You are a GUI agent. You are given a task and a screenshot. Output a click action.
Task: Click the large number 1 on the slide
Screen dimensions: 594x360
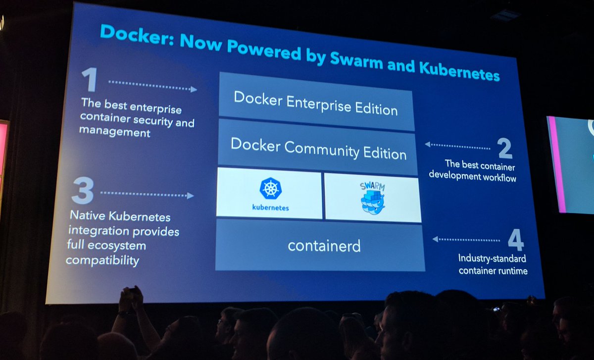coord(90,80)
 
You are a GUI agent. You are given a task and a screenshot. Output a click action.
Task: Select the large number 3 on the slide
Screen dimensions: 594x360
coord(82,191)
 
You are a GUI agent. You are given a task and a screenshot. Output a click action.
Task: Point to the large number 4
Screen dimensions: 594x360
coord(515,241)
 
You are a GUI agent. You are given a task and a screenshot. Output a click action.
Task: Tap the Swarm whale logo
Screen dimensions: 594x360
coord(372,198)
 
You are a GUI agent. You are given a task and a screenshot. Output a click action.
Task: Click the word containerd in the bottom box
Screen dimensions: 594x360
coord(324,246)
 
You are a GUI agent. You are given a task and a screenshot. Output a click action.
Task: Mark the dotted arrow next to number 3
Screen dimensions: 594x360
coord(147,194)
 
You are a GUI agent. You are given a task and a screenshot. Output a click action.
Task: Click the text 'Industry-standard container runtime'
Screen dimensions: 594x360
coord(493,264)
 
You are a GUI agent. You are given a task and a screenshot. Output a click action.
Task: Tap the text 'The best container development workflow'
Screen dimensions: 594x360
coord(473,170)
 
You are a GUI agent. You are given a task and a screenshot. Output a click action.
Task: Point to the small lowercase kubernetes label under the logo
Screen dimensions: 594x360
coord(270,207)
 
